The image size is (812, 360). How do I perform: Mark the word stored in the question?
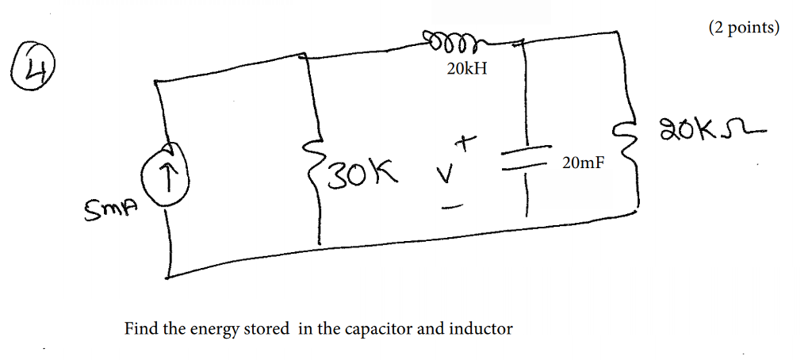(x=266, y=328)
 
